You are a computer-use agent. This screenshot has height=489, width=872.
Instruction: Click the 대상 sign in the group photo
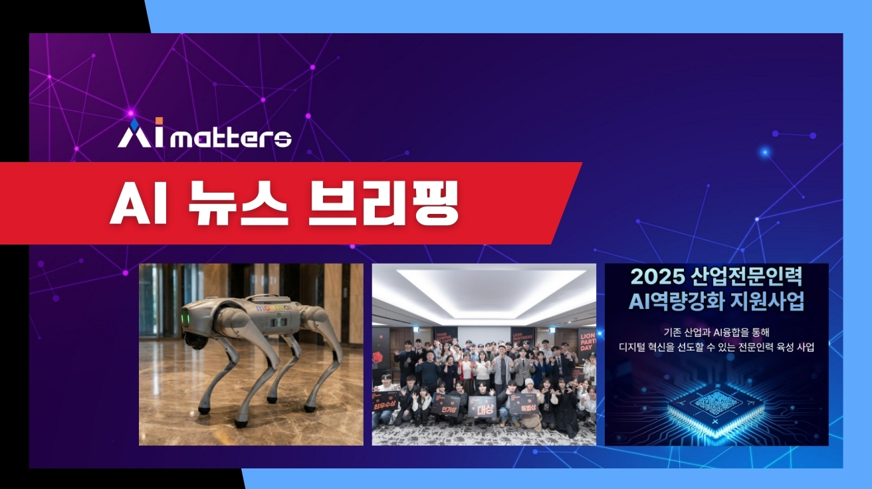click(483, 406)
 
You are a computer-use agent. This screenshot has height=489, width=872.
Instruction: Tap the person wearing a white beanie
click(528, 384)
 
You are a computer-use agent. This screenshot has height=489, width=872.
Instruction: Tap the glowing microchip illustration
click(716, 406)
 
